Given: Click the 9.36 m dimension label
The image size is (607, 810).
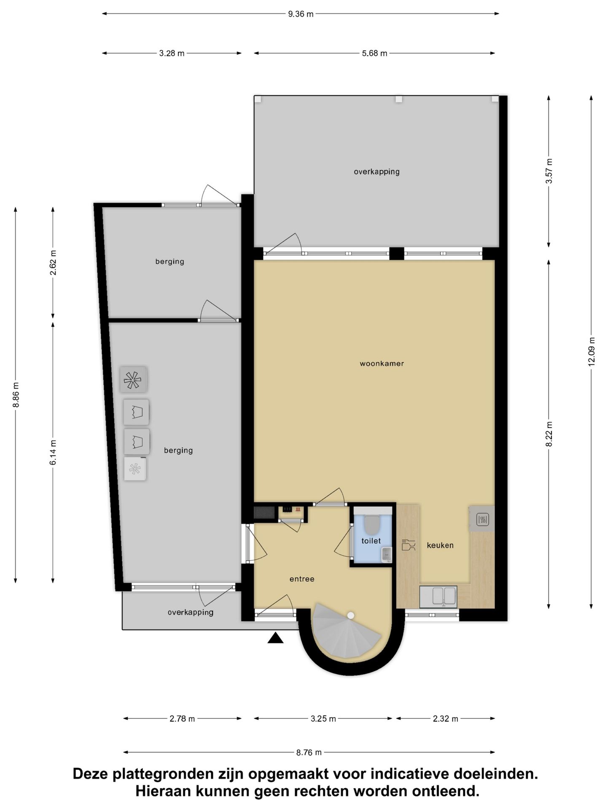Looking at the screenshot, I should tap(301, 14).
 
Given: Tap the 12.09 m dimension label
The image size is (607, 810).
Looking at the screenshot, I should tap(591, 351).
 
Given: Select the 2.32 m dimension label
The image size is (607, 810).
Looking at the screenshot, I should tap(445, 718).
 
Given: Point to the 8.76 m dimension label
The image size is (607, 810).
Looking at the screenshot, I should tap(309, 752).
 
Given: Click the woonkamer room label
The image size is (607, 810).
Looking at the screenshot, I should tap(381, 363).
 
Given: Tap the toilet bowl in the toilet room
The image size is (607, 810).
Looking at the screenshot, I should tap(372, 524).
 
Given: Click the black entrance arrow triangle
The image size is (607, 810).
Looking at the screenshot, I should tap(275, 638).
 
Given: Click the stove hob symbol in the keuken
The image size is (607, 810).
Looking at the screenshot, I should tap(482, 519).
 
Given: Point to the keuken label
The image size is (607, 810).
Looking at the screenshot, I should tap(440, 545).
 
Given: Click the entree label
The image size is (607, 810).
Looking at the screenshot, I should tap(302, 579).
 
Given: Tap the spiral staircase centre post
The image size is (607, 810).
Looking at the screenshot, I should tap(351, 616).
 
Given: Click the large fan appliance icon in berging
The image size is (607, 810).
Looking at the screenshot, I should tap(133, 380).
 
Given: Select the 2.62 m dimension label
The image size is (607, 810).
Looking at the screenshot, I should tap(53, 262).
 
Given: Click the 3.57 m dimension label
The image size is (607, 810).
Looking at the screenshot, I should tap(549, 171).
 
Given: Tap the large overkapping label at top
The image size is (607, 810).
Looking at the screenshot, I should tap(376, 172).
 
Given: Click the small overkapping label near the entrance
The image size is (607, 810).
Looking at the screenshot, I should tap(191, 612).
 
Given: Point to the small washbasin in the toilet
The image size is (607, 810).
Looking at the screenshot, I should tap(386, 554).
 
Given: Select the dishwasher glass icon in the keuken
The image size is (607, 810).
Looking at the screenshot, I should tap(408, 545).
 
